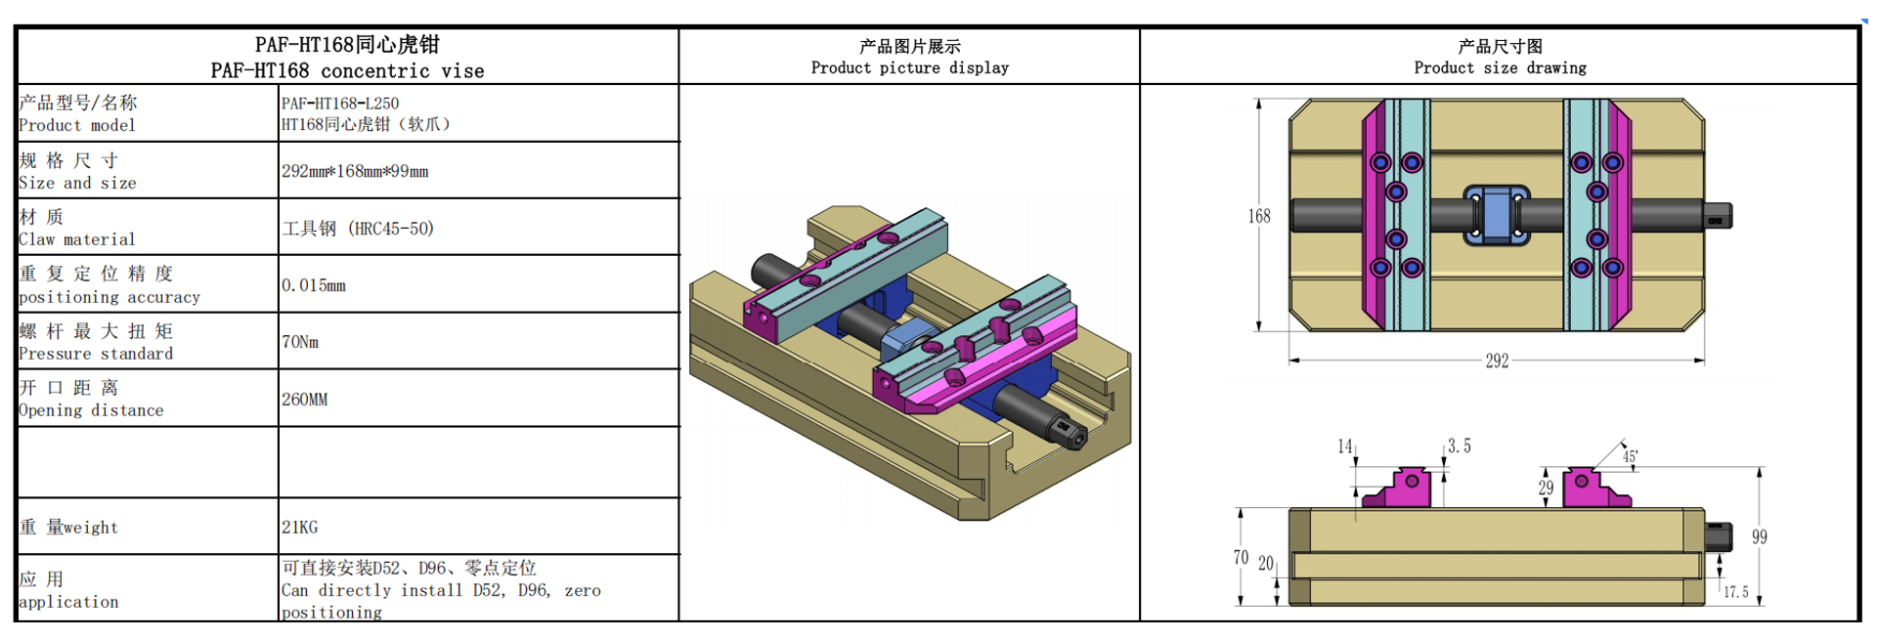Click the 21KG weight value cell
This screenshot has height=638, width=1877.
[x=300, y=527]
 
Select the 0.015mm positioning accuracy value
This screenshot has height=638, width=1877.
[x=314, y=285]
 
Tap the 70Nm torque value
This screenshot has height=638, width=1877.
[x=300, y=342]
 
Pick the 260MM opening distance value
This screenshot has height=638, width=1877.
[x=305, y=400]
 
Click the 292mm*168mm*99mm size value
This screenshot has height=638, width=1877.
[x=355, y=171]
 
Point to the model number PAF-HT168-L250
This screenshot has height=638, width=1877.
[x=340, y=103]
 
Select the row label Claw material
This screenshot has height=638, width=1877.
[x=76, y=239]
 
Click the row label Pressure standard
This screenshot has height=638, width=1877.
[x=95, y=354]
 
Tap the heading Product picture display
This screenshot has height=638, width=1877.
[x=909, y=67]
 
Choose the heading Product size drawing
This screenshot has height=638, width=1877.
[x=1500, y=67]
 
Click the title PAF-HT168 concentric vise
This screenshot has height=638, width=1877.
[x=347, y=70]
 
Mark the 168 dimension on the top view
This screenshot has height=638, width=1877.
[x=1259, y=216]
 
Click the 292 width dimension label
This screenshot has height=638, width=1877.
[x=1497, y=361]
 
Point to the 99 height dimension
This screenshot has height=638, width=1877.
[x=1759, y=536]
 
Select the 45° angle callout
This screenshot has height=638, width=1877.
[x=1630, y=456]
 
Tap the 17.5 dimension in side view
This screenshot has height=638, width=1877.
[x=1735, y=592]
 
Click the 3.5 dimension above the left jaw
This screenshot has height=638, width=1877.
[x=1459, y=447]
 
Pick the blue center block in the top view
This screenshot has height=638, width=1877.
[x=1497, y=215]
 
